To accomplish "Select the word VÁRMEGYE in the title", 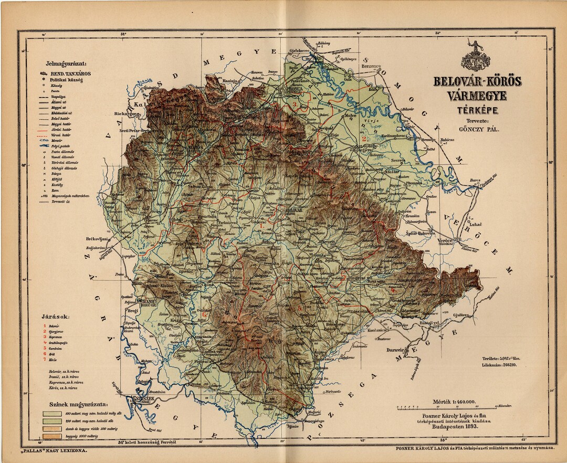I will [x=476, y=96].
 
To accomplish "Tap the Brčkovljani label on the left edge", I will [x=97, y=239].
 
